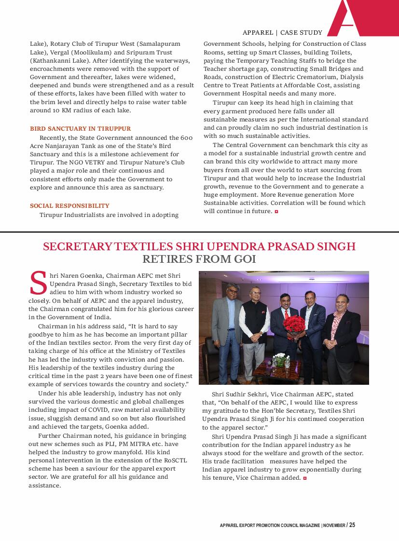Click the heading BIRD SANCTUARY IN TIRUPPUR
(x=80, y=129)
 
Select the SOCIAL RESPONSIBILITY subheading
(x=69, y=205)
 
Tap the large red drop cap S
(x=39, y=283)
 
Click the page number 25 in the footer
(x=352, y=525)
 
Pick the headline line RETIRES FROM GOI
(x=199, y=259)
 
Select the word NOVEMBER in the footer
(x=334, y=525)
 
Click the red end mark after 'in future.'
(x=276, y=212)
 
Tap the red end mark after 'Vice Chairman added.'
(x=304, y=478)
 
